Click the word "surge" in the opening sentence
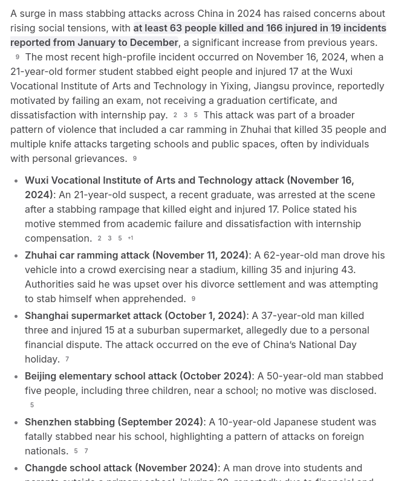(34, 13)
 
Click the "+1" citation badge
(130, 238)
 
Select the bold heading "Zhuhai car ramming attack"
(87, 255)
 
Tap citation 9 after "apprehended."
(194, 299)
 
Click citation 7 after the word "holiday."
(67, 359)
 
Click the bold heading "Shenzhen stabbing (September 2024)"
(114, 422)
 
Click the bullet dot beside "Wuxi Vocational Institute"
(15, 180)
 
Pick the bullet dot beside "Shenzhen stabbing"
(15, 422)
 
